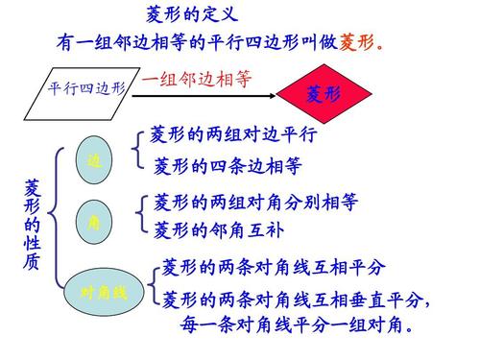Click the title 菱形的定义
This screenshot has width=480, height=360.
tap(191, 15)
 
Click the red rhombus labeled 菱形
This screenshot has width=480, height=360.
tap(323, 93)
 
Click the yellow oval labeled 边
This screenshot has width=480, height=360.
tap(93, 161)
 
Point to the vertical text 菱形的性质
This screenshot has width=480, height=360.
tap(32, 224)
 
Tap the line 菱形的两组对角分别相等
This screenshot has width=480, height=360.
tap(255, 203)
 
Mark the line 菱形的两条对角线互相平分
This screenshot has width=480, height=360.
tap(273, 266)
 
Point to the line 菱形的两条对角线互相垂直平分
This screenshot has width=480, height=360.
tap(294, 299)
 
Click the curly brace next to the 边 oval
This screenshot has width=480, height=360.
tap(140, 151)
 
